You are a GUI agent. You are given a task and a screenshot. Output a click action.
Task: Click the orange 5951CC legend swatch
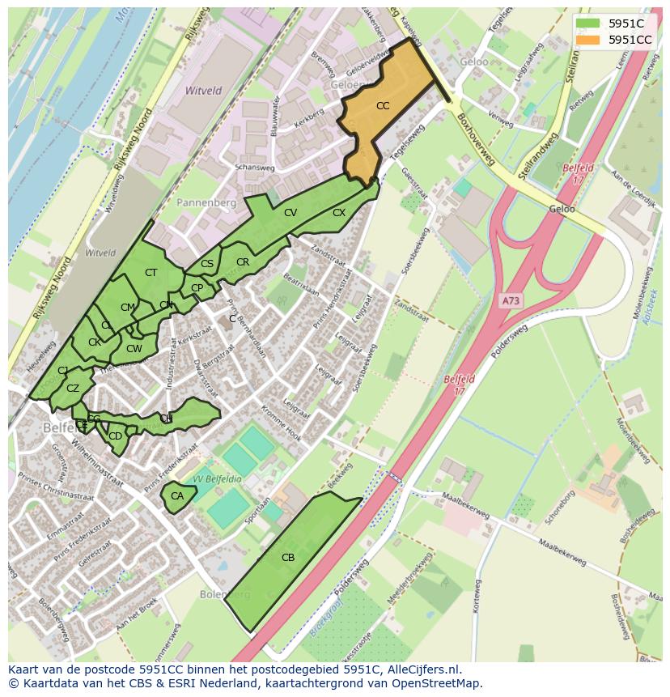587,39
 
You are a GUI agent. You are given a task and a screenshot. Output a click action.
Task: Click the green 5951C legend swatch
587,23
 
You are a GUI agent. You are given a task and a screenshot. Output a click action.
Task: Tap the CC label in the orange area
383,106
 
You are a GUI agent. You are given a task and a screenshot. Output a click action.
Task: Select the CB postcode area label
288,557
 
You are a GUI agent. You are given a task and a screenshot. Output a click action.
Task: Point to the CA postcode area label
177,495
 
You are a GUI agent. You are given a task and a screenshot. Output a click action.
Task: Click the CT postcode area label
151,273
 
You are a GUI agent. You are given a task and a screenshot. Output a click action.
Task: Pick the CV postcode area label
290,212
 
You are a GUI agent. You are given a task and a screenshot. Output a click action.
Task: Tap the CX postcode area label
339,213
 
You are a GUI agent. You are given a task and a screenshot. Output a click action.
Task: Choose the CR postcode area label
243,262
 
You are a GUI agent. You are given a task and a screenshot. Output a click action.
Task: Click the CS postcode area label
207,264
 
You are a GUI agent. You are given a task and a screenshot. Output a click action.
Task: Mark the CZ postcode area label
73,389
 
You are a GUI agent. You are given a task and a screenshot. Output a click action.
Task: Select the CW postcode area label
134,349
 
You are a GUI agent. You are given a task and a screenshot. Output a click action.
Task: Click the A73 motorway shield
511,300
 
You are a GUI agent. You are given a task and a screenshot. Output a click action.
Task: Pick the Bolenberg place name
226,594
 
